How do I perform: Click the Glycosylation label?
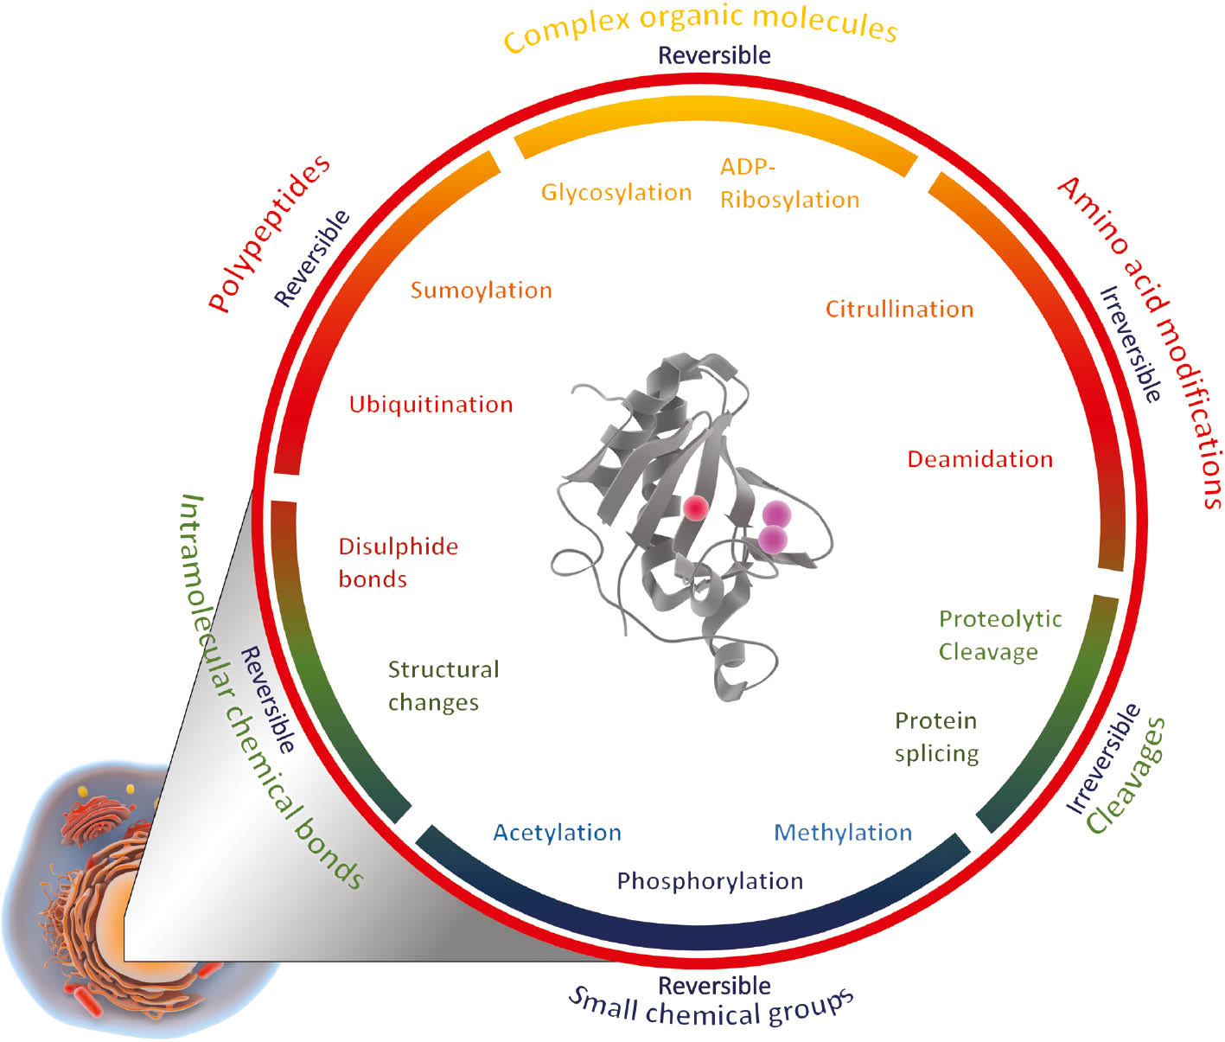(x=616, y=192)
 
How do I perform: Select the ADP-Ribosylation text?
(x=788, y=183)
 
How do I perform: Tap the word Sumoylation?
(x=481, y=291)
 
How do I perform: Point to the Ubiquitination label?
(x=431, y=405)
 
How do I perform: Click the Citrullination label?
(x=899, y=310)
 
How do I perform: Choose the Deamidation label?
(x=979, y=459)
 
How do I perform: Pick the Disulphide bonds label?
(x=398, y=563)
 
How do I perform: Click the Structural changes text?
(x=443, y=686)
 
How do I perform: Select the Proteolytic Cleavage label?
(x=999, y=636)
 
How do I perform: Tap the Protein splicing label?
(x=936, y=737)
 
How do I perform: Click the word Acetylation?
(x=557, y=833)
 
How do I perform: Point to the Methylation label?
(x=842, y=833)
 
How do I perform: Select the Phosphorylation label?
(x=709, y=881)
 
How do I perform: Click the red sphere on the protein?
(x=696, y=508)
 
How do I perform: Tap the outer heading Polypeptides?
(x=270, y=233)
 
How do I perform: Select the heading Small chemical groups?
(x=711, y=1008)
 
